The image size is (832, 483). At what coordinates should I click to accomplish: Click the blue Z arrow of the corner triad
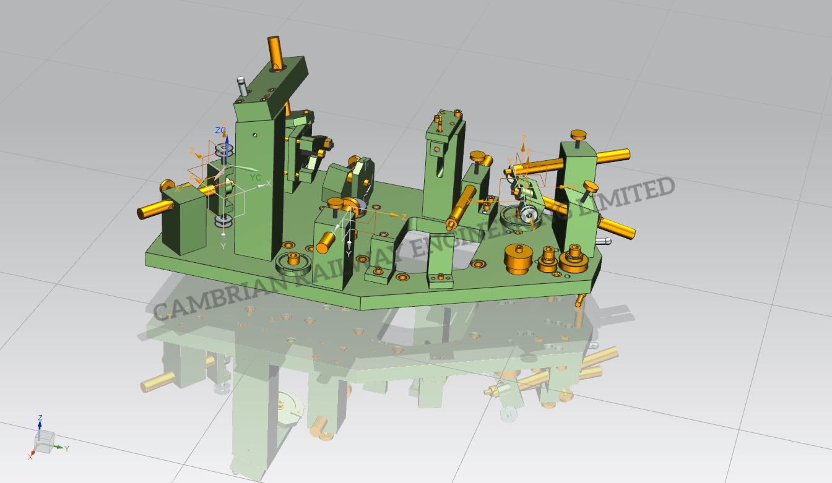tap(40, 423)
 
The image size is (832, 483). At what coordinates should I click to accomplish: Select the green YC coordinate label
tap(254, 177)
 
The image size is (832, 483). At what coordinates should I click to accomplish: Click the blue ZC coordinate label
tap(220, 130)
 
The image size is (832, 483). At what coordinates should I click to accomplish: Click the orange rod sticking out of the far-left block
tap(150, 210)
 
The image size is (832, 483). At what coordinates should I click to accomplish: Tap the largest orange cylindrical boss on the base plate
tap(519, 258)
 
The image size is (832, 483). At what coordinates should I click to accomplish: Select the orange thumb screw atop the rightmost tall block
tap(579, 135)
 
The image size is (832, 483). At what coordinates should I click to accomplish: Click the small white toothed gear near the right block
tap(529, 215)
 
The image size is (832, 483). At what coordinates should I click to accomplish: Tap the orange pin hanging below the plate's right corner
tap(579, 301)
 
